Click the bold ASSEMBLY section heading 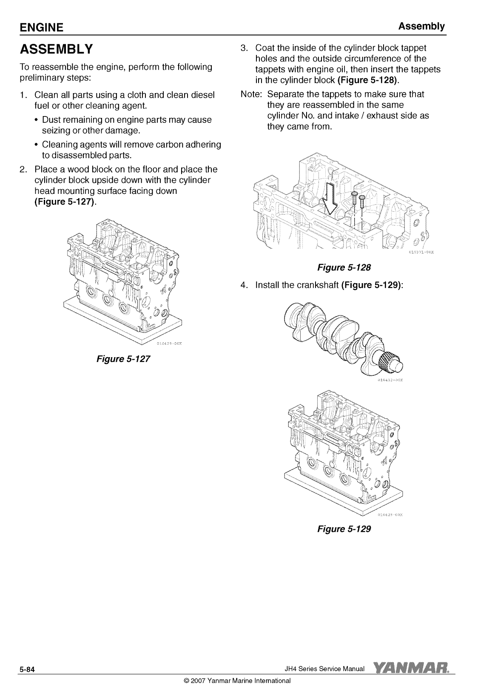click(56, 49)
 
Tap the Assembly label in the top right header click(421, 26)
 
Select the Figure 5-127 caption click(123, 358)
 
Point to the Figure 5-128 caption click(344, 267)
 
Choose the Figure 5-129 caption click(344, 529)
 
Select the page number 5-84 click(26, 670)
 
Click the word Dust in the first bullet click(51, 120)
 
